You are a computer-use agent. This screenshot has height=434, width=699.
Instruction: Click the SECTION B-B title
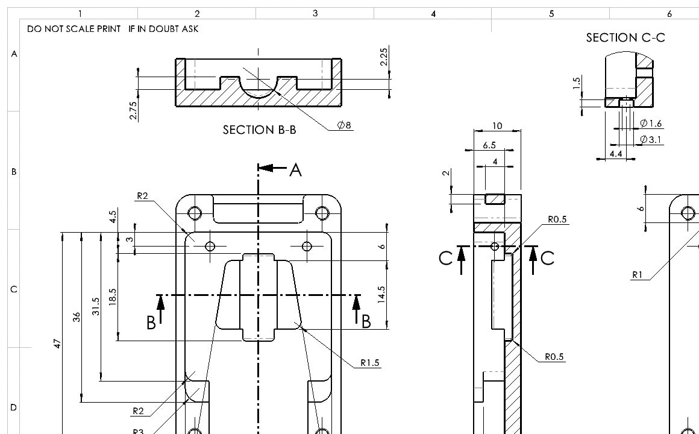259,130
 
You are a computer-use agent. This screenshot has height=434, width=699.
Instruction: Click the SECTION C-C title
625,37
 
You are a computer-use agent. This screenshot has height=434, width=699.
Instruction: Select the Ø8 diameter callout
345,125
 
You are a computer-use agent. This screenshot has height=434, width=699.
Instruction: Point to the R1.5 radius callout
370,362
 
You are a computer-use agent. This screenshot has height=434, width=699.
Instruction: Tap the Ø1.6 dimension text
651,124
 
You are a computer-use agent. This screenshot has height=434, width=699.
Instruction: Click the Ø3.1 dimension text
651,140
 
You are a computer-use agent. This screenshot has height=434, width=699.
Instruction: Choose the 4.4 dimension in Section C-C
616,154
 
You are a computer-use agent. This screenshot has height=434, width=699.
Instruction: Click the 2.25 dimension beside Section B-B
384,58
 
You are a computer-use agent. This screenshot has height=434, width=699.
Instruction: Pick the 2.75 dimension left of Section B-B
134,110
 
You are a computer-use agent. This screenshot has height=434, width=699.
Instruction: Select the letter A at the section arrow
295,171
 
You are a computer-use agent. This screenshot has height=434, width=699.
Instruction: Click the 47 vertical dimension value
57,344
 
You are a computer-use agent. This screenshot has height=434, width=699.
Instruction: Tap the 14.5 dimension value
381,295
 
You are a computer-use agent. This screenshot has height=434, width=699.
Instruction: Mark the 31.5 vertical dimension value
95,306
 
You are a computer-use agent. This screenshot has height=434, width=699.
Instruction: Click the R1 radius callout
637,275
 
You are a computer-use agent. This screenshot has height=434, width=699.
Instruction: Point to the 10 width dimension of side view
497,126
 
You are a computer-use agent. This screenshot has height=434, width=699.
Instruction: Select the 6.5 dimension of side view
489,145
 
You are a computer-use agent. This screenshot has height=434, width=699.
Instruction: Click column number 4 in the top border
433,13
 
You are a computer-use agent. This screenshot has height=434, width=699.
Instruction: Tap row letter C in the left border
13,289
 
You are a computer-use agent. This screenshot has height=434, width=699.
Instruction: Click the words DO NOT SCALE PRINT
74,29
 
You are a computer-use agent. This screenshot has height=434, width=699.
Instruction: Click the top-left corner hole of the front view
195,213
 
